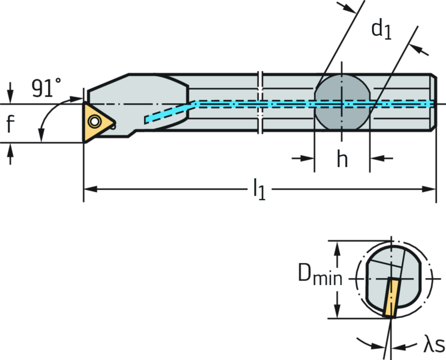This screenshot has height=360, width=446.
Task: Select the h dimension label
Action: point(342,159)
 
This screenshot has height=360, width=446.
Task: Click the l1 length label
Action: point(259,189)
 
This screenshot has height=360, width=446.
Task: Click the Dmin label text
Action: point(321,276)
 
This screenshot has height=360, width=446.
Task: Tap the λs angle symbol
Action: point(434,346)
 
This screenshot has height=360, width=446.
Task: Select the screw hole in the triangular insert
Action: point(94,120)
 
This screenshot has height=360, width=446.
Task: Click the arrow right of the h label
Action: point(376,158)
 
